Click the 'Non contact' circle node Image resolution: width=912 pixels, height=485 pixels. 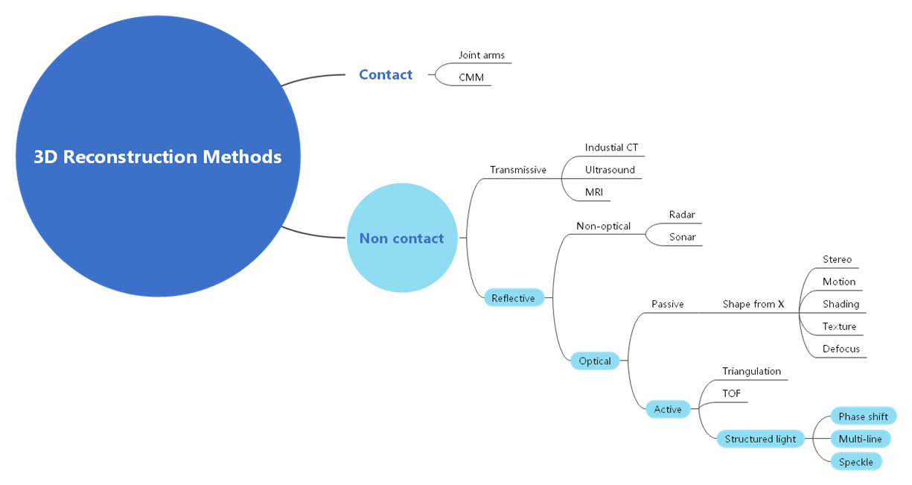click(x=402, y=238)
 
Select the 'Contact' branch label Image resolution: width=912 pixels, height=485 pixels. click(x=385, y=75)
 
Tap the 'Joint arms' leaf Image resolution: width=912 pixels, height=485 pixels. click(x=481, y=55)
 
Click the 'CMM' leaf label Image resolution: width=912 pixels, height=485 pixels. click(x=471, y=77)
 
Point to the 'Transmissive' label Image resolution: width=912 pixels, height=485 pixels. click(x=517, y=170)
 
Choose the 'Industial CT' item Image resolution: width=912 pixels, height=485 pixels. click(x=611, y=148)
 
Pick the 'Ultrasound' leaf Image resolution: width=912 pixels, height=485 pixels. click(x=610, y=170)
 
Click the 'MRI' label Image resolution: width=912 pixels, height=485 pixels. click(x=594, y=192)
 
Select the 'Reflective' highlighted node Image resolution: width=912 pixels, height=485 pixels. click(x=513, y=298)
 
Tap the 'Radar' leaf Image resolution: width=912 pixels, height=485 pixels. click(x=682, y=215)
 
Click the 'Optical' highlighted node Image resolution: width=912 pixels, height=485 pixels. click(x=595, y=361)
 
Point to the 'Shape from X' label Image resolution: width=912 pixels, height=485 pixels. click(x=753, y=304)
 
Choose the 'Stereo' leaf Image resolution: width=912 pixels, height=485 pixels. click(x=837, y=259)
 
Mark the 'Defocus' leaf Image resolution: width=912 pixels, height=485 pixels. click(x=841, y=349)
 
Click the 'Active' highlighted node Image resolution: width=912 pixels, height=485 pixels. click(x=668, y=409)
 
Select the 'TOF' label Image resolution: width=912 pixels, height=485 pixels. click(x=732, y=393)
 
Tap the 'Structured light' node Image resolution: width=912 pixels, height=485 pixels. click(x=760, y=439)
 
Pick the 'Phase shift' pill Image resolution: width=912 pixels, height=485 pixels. click(x=863, y=416)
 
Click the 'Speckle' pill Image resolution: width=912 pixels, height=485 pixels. click(x=855, y=462)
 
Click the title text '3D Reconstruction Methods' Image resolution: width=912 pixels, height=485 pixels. click(x=158, y=157)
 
